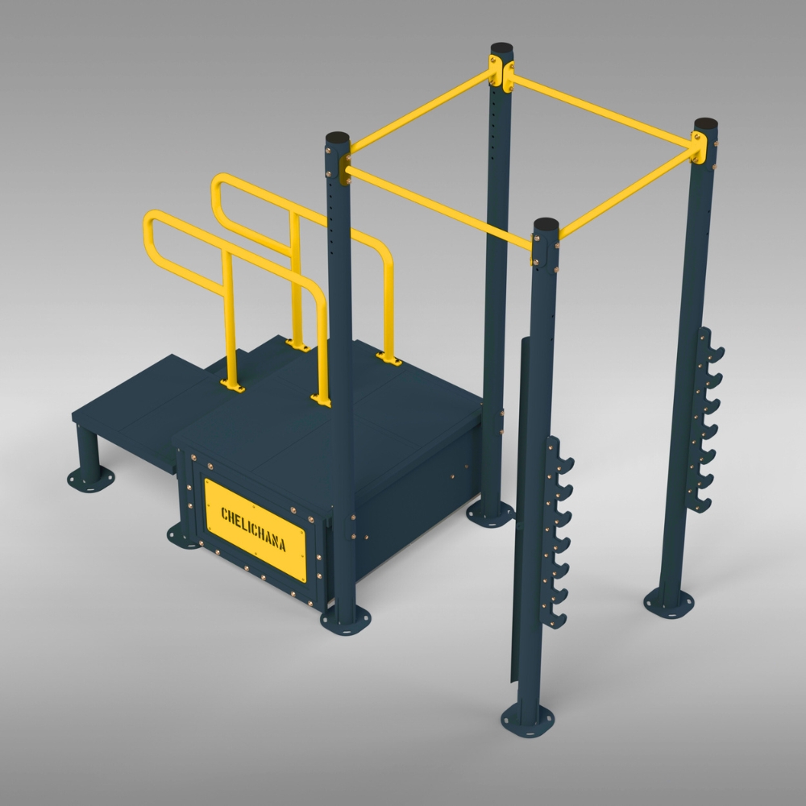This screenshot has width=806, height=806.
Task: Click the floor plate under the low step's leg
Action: pyautogui.click(x=86, y=480)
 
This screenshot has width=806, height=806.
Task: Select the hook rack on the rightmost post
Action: pyautogui.click(x=706, y=419)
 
